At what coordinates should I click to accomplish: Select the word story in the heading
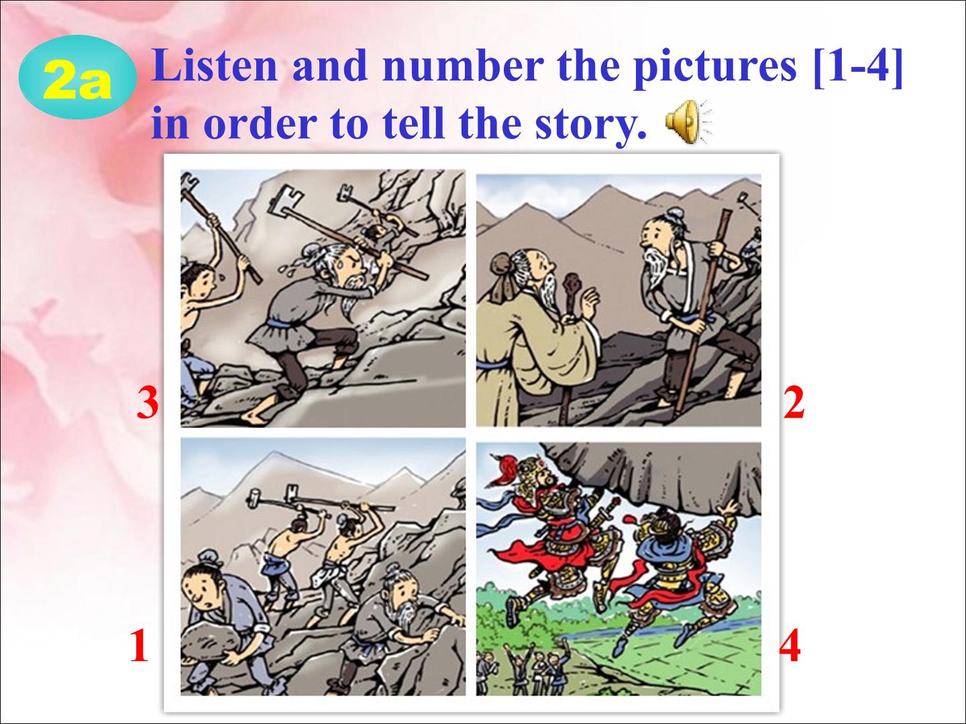click(x=590, y=124)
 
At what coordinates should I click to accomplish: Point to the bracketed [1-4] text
click(x=858, y=66)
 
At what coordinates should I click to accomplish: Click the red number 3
click(x=148, y=403)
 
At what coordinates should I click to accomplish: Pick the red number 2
click(x=794, y=403)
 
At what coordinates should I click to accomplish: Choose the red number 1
click(x=139, y=646)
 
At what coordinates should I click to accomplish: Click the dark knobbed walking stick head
click(x=573, y=286)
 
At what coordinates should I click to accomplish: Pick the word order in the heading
click(x=260, y=124)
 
